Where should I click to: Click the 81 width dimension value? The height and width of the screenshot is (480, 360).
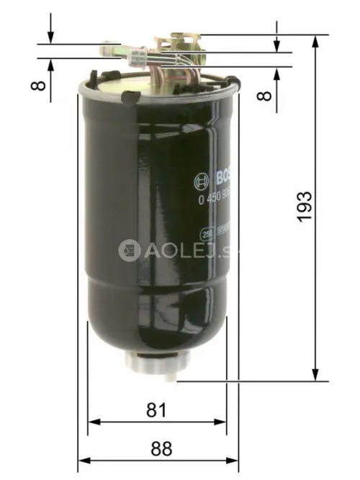[x=156, y=410]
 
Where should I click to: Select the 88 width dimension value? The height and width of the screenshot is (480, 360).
[x=161, y=448]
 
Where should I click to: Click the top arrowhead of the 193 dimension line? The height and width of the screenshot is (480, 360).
[x=315, y=42]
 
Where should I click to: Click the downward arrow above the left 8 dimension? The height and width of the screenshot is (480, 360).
[x=50, y=36]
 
